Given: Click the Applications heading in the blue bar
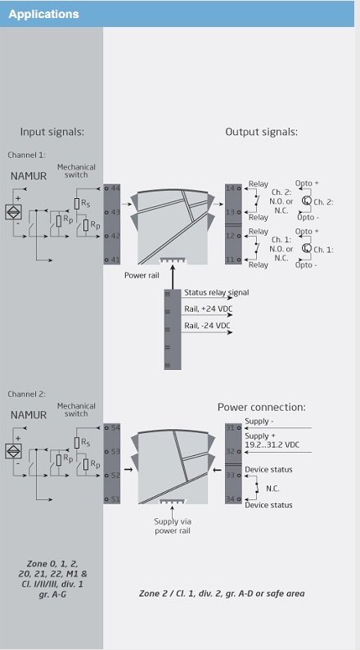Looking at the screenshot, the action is coord(43,14).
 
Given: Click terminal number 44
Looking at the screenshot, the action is coord(115,188).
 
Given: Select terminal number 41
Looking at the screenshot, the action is coord(115,260).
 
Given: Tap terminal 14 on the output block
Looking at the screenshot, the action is coord(231,188).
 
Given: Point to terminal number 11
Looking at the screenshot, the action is coord(231,260).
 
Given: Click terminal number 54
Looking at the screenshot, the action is coord(115,427).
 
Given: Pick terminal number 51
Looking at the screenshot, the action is coord(115,499).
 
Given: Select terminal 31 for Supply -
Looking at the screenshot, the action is coord(231,427).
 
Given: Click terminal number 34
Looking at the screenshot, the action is coord(231,499).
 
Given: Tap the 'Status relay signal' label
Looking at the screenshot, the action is coord(217,293).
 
